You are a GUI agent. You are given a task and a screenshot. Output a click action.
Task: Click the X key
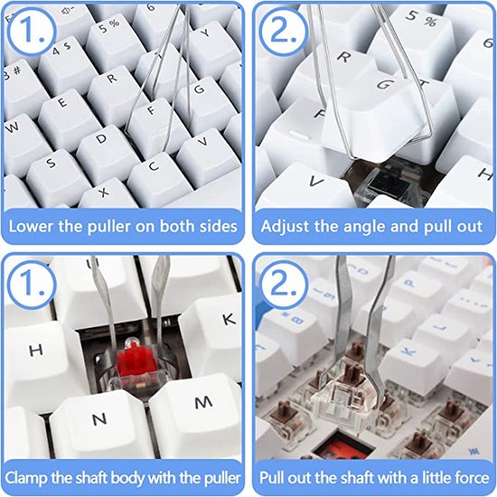[x=105, y=193]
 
